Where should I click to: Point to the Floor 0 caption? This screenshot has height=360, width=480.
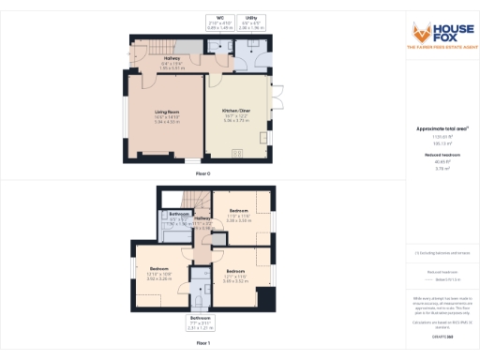tap(202, 174)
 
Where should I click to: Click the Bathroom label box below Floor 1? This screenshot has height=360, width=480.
tap(202, 322)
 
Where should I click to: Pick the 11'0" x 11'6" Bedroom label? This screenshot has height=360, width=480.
tap(240, 216)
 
